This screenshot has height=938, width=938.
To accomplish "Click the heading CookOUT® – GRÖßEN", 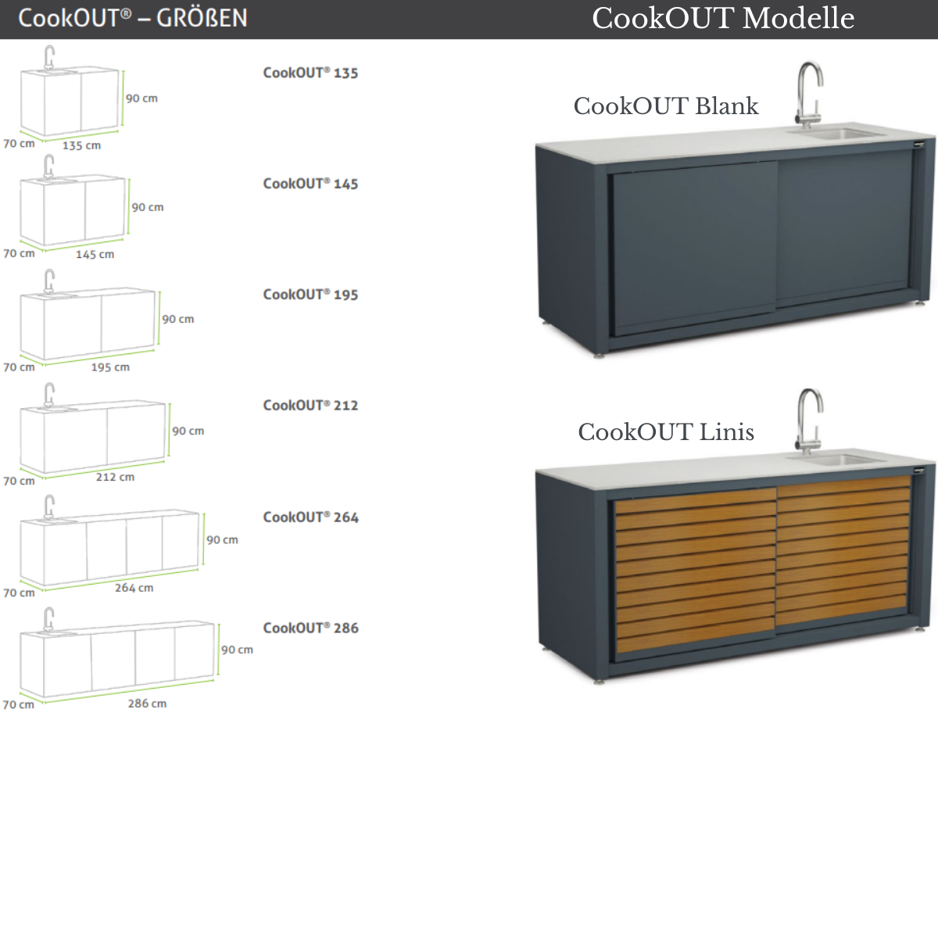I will pyautogui.click(x=132, y=18).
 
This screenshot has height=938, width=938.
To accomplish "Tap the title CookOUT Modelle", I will pyautogui.click(x=722, y=18).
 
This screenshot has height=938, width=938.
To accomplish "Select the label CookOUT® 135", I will pyautogui.click(x=310, y=73).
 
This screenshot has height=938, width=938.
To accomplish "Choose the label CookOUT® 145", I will pyautogui.click(x=310, y=184).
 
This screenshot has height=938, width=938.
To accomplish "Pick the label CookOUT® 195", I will pyautogui.click(x=310, y=295).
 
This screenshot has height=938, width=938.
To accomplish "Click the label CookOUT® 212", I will pyautogui.click(x=310, y=406).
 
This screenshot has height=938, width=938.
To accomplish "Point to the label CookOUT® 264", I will pyautogui.click(x=310, y=517).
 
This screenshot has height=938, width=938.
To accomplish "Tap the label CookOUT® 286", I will pyautogui.click(x=310, y=628).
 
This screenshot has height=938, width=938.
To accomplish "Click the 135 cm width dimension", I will pyautogui.click(x=81, y=145).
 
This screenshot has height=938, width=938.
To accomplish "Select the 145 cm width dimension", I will pyautogui.click(x=95, y=254).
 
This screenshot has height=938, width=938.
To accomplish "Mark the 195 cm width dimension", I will pyautogui.click(x=110, y=367).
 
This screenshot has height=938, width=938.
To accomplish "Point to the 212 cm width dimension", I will pyautogui.click(x=115, y=477).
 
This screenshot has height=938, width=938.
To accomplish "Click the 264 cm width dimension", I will pyautogui.click(x=134, y=588).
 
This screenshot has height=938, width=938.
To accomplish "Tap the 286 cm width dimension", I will pyautogui.click(x=147, y=703).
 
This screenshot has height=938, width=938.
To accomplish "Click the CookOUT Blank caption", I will pyautogui.click(x=665, y=106).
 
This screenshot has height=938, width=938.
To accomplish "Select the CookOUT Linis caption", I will pyautogui.click(x=665, y=432).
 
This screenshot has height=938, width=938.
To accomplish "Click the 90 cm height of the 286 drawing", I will pyautogui.click(x=237, y=650).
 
